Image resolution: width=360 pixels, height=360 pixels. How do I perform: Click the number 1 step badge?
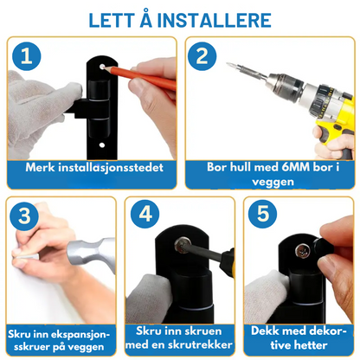(27, 56)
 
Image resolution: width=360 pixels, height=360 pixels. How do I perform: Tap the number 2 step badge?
(202, 56)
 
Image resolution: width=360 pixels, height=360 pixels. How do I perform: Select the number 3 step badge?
(24, 215)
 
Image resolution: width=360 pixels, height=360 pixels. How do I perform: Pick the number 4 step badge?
(145, 214)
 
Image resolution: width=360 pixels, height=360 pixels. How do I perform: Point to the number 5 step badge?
(262, 214)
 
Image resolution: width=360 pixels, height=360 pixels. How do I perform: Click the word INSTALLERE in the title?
(214, 21)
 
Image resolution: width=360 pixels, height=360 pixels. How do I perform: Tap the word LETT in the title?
(112, 21)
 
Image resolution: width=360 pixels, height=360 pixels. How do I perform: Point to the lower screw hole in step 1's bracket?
(102, 145)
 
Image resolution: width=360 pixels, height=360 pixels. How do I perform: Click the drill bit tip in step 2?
(228, 64)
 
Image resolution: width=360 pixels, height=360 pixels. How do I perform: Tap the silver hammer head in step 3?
(92, 253)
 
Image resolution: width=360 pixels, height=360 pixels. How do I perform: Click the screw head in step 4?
(183, 245)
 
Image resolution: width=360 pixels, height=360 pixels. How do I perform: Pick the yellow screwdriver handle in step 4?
(228, 262)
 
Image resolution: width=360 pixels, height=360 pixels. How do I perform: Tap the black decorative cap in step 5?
(322, 247)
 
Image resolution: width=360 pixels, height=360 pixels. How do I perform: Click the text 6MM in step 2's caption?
(295, 167)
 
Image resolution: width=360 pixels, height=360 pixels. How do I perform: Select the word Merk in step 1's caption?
(40, 167)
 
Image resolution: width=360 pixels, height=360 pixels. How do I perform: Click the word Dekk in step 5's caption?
(266, 331)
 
